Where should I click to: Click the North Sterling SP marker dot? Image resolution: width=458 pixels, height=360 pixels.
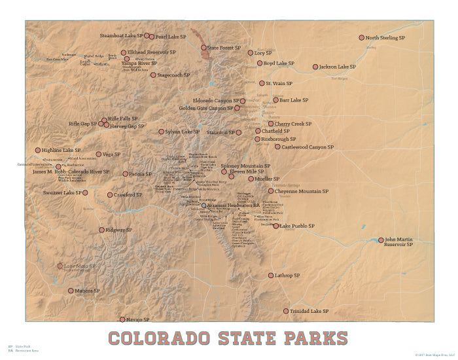coord(361,38)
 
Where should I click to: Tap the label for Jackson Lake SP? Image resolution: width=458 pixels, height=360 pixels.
coord(338,67)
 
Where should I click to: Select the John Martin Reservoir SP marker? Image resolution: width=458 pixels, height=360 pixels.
coord(381,240)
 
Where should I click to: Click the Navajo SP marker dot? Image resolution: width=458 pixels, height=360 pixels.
coord(122,319)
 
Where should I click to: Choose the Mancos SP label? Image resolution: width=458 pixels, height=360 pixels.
coord(88,291)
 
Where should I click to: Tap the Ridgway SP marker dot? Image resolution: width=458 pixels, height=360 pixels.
coord(101,230)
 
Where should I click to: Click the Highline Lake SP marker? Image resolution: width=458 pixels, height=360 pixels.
coord(38,150)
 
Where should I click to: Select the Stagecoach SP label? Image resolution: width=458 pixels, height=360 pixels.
coord(174,75)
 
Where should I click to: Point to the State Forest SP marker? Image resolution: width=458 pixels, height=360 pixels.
coord(203,48)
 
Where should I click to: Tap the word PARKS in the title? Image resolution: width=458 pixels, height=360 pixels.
coord(316,338)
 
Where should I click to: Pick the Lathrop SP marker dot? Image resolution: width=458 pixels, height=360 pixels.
coord(271,276)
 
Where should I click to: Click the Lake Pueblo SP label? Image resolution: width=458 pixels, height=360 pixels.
coord(298,226)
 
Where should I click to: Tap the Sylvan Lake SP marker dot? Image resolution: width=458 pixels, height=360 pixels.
coord(161,132)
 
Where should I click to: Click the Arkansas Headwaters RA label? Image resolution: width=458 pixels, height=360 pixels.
coord(234,206)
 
